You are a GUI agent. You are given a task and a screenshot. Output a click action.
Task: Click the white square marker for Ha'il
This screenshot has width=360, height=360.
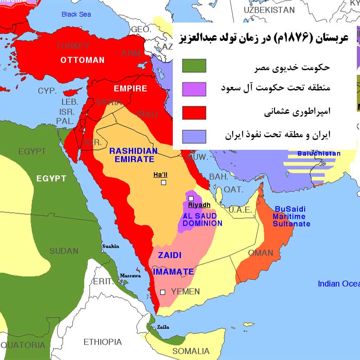(163, 182)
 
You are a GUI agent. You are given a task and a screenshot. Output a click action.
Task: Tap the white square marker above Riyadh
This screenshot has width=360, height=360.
(191, 198)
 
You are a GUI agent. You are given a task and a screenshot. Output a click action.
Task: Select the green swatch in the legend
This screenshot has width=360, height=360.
(194, 66)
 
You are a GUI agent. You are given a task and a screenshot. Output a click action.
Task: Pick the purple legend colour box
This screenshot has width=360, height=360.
(194, 89)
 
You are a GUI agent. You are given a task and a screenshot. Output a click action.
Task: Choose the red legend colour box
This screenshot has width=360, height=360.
(194, 112)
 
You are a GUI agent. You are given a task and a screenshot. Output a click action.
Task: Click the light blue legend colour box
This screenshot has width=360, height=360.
(194, 136)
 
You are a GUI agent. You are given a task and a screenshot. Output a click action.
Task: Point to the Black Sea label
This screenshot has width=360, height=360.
(76, 14)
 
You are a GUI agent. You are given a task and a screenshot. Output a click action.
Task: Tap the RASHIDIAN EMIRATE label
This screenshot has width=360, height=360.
(133, 155)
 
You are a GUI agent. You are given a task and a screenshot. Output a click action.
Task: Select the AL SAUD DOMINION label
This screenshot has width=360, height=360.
(202, 220)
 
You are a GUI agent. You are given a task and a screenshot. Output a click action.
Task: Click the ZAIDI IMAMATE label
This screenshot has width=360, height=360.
(173, 263)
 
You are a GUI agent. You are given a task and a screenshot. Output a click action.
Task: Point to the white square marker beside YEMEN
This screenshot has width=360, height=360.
(163, 292)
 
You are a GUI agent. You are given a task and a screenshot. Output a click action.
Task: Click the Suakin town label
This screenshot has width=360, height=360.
(111, 246)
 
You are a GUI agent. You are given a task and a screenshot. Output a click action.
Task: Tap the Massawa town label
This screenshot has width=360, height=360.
(130, 275)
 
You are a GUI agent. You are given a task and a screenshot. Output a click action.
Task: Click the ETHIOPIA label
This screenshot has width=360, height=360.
(103, 342)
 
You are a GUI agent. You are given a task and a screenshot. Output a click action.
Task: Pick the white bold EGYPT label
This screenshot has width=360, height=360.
(51, 179)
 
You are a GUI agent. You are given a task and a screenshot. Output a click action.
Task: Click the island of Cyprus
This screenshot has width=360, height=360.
(70, 92)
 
